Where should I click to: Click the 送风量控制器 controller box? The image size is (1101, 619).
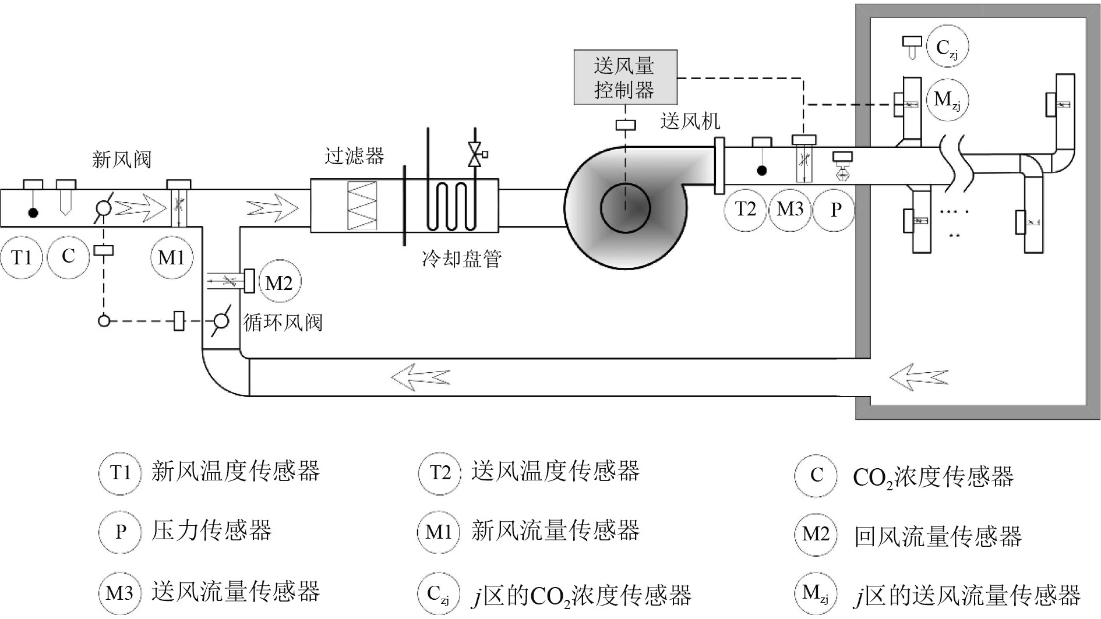(x=625, y=77)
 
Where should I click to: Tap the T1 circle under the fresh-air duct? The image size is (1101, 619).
(x=22, y=256)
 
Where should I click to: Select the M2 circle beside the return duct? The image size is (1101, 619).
(x=278, y=283)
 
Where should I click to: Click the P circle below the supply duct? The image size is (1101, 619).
(x=835, y=209)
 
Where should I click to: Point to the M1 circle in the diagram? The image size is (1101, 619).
(x=171, y=257)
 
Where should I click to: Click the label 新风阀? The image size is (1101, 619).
(x=122, y=159)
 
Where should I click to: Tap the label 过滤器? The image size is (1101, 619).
(x=354, y=156)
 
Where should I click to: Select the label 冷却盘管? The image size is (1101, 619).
(x=461, y=259)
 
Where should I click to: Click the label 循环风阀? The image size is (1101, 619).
(x=283, y=322)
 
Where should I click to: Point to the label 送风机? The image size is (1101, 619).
(x=690, y=121)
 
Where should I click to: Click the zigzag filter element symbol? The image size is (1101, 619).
(x=362, y=206)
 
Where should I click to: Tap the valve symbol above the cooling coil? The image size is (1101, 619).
(x=475, y=154)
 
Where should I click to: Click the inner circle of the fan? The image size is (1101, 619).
(x=626, y=208)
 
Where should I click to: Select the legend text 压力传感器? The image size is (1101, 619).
(x=211, y=530)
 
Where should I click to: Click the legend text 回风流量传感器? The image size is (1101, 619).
(x=937, y=536)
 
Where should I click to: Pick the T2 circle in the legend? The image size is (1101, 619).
(x=440, y=472)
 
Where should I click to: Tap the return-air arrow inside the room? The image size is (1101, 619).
(x=918, y=377)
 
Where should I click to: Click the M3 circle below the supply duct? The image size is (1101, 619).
(x=790, y=208)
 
